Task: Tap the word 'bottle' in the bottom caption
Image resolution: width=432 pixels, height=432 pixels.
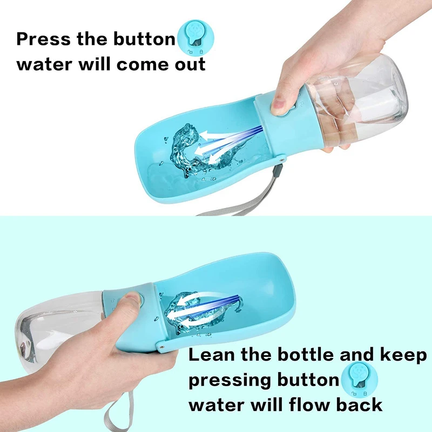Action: [302, 355]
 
